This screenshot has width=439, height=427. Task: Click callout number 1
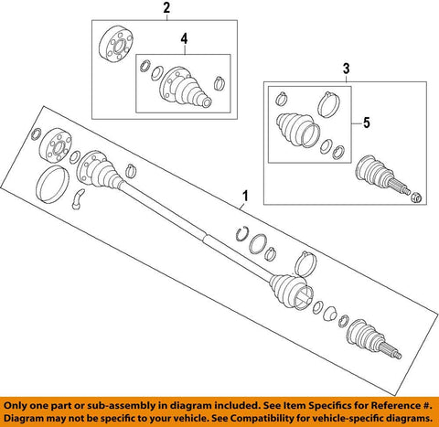(x=244, y=196)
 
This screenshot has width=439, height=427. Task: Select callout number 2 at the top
(x=166, y=10)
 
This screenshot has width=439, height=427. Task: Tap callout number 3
(x=346, y=69)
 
